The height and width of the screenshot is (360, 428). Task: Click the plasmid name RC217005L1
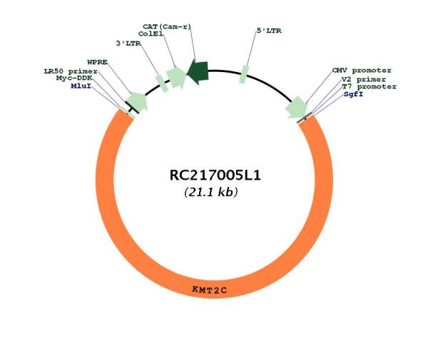pyautogui.click(x=215, y=175)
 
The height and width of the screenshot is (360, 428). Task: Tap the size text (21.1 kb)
pyautogui.click(x=211, y=192)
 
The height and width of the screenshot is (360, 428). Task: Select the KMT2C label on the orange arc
pyautogui.click(x=209, y=289)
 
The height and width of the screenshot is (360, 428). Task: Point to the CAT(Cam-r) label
pyautogui.click(x=167, y=26)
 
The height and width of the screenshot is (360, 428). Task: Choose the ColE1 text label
pyautogui.click(x=151, y=34)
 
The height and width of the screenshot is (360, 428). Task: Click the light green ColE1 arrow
pyautogui.click(x=176, y=78)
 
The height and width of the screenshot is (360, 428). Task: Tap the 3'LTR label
pyautogui.click(x=128, y=43)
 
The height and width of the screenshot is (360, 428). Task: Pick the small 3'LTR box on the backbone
pyautogui.click(x=162, y=83)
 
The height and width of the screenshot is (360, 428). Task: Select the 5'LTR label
pyautogui.click(x=269, y=31)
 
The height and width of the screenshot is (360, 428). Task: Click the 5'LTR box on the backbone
pyautogui.click(x=244, y=74)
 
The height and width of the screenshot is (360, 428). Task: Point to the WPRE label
pyautogui.click(x=98, y=62)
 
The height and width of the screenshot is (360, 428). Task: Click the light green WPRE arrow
pyautogui.click(x=138, y=101)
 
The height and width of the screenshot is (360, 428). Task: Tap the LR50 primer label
pyautogui.click(x=71, y=71)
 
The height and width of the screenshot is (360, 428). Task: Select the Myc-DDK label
pyautogui.click(x=74, y=78)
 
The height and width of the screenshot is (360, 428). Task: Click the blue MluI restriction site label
pyautogui.click(x=81, y=86)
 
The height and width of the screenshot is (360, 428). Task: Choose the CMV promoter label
pyautogui.click(x=362, y=71)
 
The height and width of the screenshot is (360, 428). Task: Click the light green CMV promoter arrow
pyautogui.click(x=297, y=107)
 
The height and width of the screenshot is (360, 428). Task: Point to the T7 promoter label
pyautogui.click(x=369, y=87)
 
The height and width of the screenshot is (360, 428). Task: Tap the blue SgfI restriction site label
pyautogui.click(x=354, y=94)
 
